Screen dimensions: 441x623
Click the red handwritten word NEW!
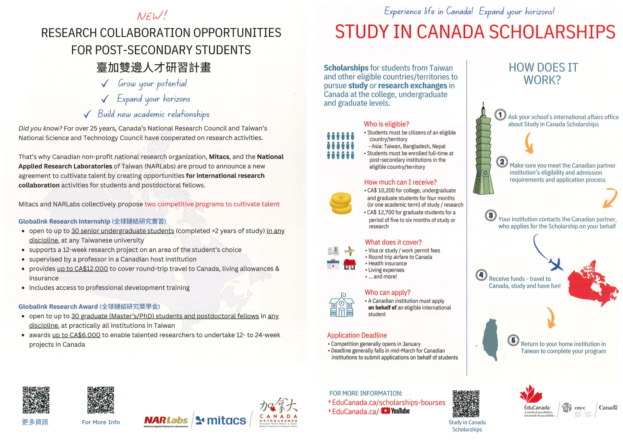(x=152, y=15)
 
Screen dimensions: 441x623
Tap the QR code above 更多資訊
(x=36, y=400)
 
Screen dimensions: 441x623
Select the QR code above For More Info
(x=101, y=400)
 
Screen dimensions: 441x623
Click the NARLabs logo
(x=166, y=421)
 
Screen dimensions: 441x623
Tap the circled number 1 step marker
(x=500, y=115)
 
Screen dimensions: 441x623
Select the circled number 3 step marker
(x=491, y=215)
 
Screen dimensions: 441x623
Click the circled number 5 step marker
(x=513, y=340)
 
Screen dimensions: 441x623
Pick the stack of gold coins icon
(x=340, y=203)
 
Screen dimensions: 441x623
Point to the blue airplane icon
(x=556, y=264)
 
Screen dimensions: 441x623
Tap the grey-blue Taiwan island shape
(x=490, y=339)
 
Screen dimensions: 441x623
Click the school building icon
(x=341, y=305)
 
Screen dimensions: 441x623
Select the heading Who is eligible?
(x=386, y=124)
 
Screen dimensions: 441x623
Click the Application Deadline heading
(x=357, y=335)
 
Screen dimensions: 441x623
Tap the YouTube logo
(x=395, y=411)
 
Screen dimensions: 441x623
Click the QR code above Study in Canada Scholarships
(x=466, y=404)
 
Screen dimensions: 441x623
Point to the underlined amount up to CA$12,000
(x=82, y=269)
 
